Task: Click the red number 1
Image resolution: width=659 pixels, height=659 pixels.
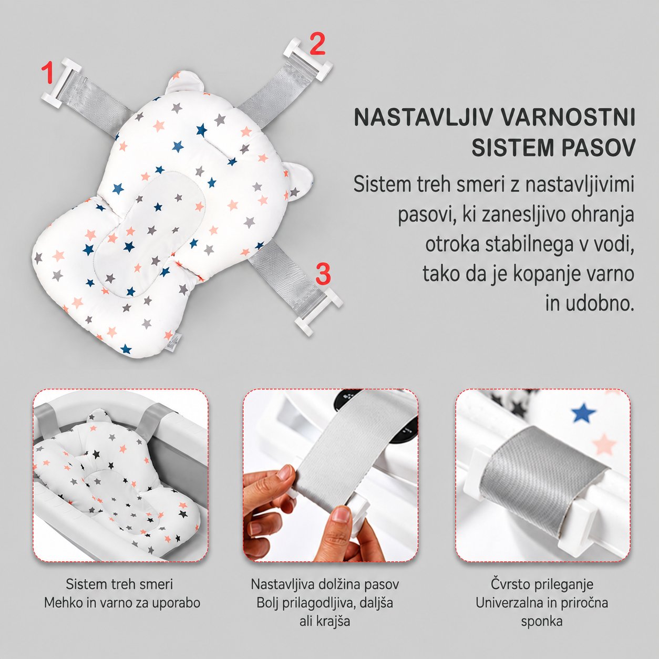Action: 47,72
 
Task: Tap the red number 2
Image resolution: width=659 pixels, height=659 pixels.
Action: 317,44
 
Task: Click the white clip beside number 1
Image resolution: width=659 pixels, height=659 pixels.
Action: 61,84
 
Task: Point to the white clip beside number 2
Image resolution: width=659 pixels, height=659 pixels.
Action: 308,59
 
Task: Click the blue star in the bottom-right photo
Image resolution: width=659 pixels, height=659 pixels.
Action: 583,413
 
